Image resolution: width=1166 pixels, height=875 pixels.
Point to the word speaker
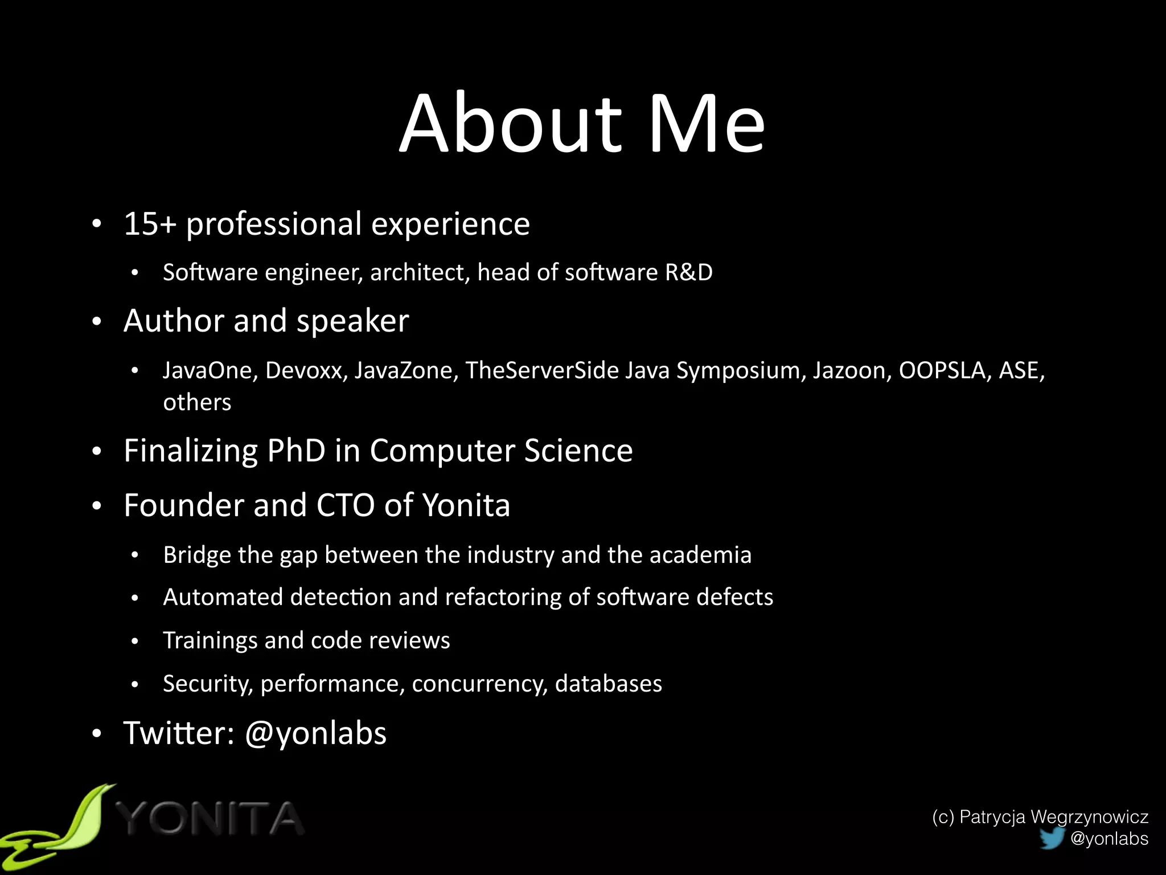(x=352, y=321)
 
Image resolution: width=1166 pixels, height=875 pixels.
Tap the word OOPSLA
(x=942, y=370)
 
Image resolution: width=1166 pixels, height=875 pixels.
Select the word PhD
(x=296, y=451)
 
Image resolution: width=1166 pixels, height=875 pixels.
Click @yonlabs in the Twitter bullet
(x=315, y=733)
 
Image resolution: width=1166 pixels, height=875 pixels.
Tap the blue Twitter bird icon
(x=1052, y=837)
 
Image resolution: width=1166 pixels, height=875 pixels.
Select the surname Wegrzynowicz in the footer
(x=1089, y=817)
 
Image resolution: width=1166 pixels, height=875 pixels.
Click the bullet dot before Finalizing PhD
(x=97, y=451)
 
